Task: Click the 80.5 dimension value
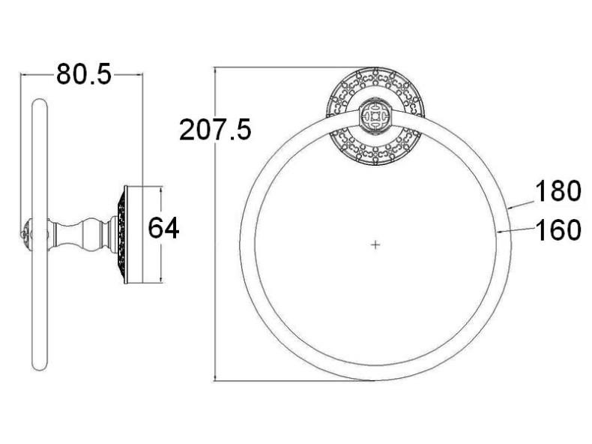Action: coord(84,74)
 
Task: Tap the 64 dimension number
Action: coord(163,228)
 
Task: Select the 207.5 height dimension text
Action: coord(215,129)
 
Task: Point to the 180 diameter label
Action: coord(558,190)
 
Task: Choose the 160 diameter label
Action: coord(558,229)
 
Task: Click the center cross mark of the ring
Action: coord(375,244)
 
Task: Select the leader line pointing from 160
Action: coord(516,230)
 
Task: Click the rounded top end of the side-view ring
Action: coord(40,102)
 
